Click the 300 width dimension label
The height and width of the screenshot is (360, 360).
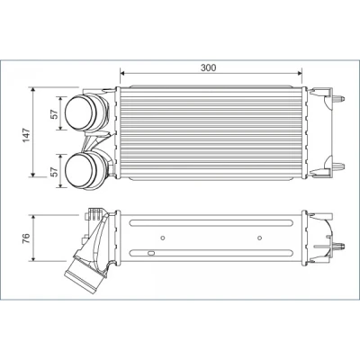tap(208, 67)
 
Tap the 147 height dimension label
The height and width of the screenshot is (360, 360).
tap(26, 135)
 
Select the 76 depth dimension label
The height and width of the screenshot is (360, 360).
tap(26, 238)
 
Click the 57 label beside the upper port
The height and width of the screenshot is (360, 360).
tap(54, 114)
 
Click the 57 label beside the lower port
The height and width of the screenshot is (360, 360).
tap(54, 172)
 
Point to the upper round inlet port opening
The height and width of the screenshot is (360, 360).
tap(78, 112)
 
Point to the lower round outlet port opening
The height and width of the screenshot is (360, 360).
tap(78, 169)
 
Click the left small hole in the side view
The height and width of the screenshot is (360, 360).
tap(163, 238)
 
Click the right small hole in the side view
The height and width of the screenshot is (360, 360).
tap(260, 238)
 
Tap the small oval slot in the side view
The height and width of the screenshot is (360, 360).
tap(151, 253)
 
